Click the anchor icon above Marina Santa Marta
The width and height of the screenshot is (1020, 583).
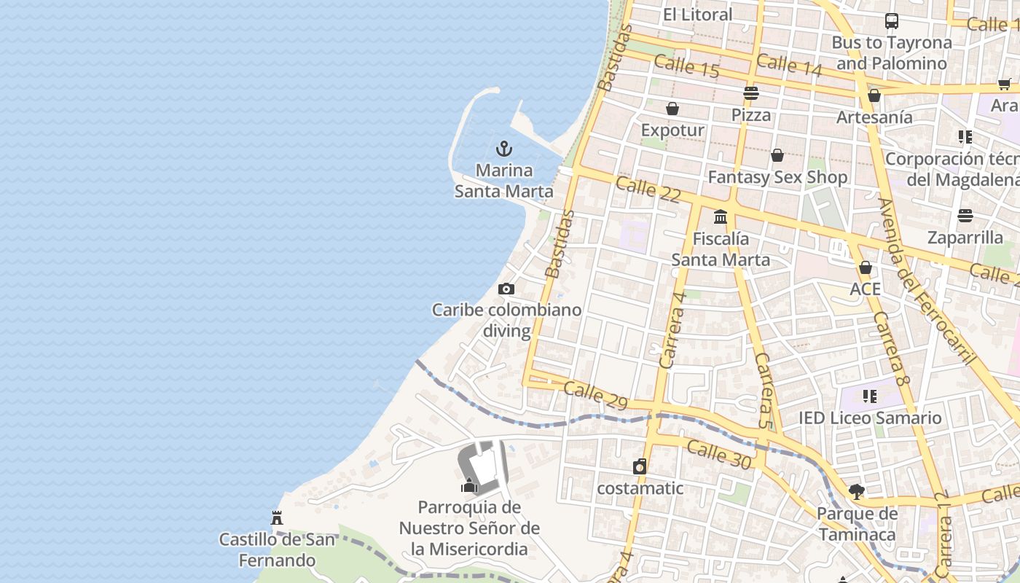click(x=503, y=149)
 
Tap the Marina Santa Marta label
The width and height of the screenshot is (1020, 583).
click(x=503, y=181)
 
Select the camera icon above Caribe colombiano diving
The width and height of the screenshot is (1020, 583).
click(x=506, y=289)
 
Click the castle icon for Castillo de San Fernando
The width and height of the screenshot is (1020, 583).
click(x=277, y=518)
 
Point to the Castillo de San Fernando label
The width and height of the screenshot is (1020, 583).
click(x=277, y=550)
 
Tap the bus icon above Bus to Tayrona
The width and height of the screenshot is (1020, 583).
click(x=892, y=21)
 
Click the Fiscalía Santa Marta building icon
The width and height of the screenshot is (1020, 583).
click(x=721, y=216)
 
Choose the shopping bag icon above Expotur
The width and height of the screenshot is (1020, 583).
click(x=672, y=109)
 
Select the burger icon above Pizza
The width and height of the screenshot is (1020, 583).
click(x=751, y=93)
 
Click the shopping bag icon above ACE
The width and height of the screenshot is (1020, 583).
click(x=866, y=267)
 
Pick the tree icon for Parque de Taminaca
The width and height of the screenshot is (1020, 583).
click(x=857, y=492)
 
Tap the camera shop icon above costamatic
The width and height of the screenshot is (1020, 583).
click(x=640, y=466)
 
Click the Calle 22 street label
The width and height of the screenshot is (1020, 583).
click(x=648, y=189)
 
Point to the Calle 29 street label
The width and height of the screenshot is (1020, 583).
click(x=595, y=395)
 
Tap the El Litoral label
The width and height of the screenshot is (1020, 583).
click(x=697, y=15)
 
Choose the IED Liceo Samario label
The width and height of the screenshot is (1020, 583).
click(x=870, y=418)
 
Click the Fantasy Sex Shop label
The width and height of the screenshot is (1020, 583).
click(x=777, y=177)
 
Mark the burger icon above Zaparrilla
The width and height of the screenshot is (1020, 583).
click(x=965, y=216)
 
